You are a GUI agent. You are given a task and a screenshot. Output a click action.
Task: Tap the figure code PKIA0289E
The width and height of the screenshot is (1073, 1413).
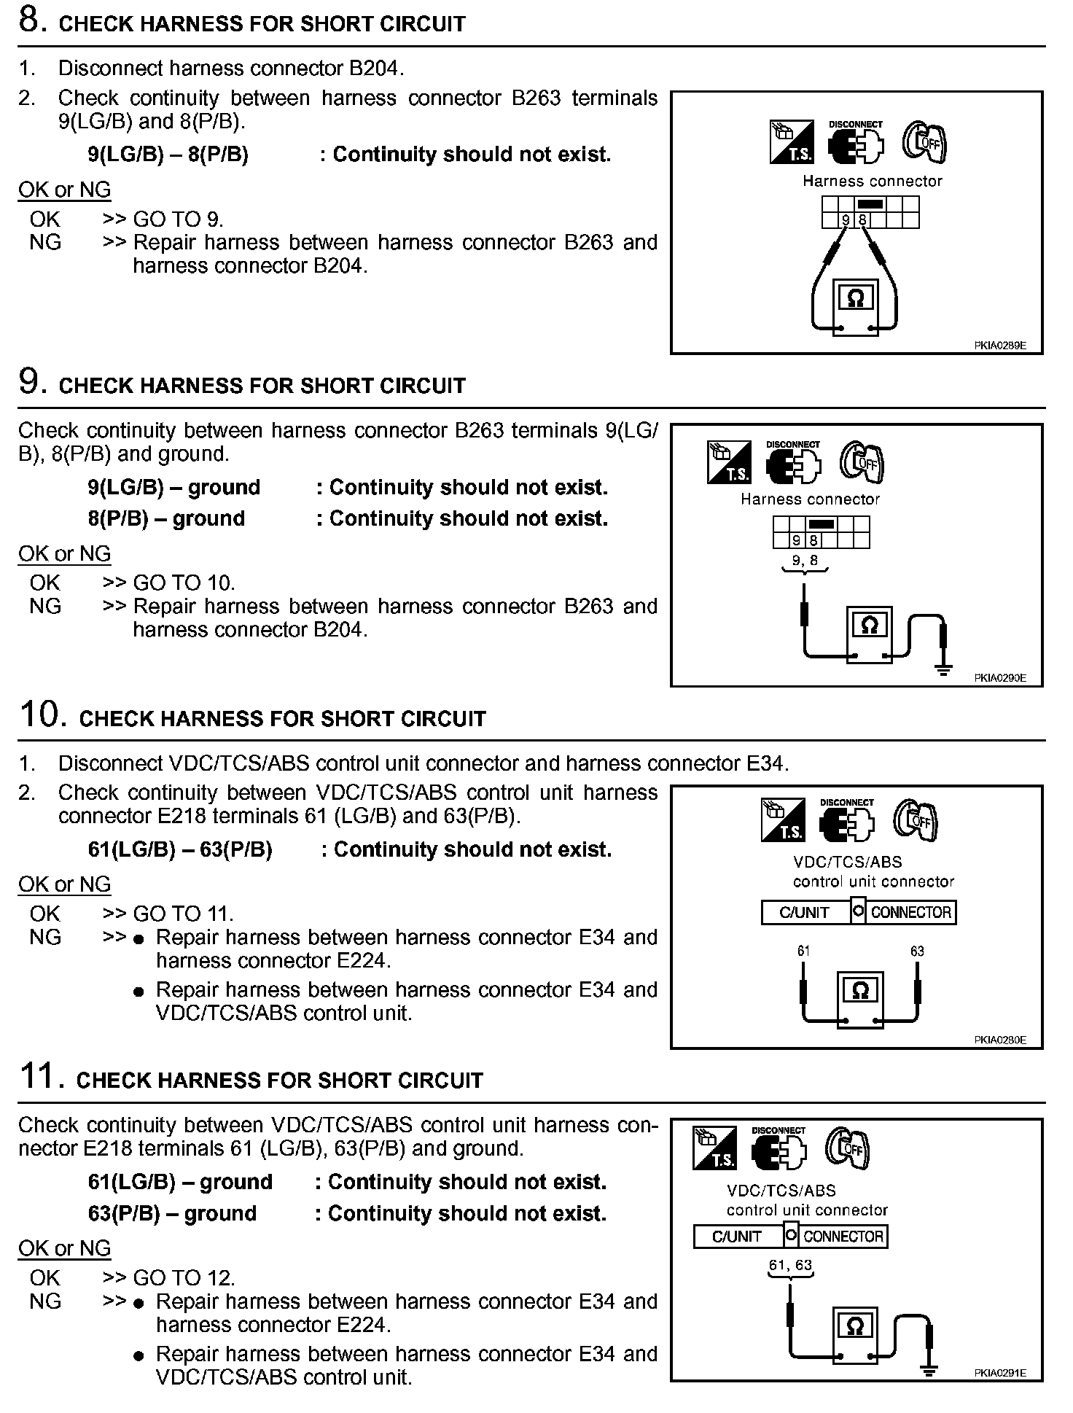(x=999, y=346)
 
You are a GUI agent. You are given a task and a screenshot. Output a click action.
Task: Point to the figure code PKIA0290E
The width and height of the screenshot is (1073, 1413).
(x=999, y=678)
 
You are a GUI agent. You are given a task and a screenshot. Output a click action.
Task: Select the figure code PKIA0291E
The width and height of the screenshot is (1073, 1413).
(x=999, y=1373)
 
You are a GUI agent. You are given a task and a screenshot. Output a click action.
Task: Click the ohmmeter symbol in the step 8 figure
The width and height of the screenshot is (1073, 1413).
(x=856, y=299)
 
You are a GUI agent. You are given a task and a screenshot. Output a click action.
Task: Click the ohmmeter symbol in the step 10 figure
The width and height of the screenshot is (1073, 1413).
(x=860, y=991)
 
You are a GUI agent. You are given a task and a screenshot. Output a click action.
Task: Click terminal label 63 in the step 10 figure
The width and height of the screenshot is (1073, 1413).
(x=917, y=951)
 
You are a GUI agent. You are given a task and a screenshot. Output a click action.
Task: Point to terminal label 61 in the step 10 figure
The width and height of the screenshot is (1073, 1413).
(x=803, y=951)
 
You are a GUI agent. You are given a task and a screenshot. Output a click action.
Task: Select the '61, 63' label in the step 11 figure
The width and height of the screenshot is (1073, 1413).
(x=790, y=1266)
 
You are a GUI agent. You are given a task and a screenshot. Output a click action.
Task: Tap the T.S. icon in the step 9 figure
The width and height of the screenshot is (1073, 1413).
(x=729, y=462)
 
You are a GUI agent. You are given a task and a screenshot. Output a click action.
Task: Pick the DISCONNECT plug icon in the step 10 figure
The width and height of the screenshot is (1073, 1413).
(x=846, y=820)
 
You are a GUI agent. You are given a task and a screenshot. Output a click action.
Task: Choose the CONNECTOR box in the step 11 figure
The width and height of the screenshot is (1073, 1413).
(x=843, y=1237)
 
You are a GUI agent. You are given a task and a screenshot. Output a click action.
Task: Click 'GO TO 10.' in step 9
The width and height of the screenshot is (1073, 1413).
(x=184, y=583)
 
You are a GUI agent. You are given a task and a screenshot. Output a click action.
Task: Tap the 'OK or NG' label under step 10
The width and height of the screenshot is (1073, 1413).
(x=64, y=884)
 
